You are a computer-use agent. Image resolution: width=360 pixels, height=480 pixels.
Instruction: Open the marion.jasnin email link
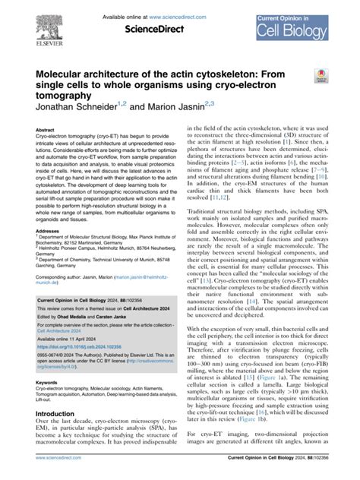coord(137,279)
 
